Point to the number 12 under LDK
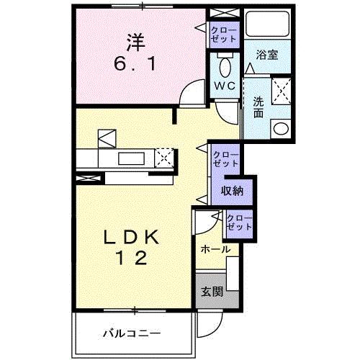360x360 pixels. coord(131,258)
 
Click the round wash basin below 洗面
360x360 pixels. coord(280,129)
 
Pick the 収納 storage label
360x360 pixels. coord(232,191)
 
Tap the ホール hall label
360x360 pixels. coord(215,249)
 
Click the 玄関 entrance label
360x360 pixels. coord(211,292)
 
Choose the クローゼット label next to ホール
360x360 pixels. coord(238,222)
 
